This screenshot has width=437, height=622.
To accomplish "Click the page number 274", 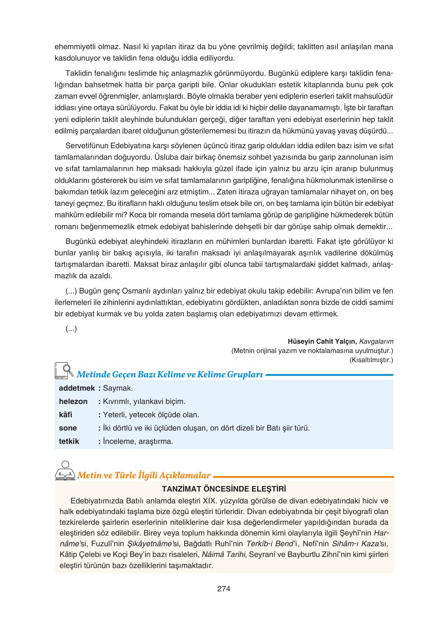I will (x=224, y=589).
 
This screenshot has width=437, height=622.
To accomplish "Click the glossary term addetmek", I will (x=77, y=388).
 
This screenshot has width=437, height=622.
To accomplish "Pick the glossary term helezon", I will (x=73, y=401).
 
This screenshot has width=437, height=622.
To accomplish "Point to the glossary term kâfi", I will (x=65, y=415).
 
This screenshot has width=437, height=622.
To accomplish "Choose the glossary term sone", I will (x=68, y=428).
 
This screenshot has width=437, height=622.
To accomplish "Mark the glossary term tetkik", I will (x=69, y=441).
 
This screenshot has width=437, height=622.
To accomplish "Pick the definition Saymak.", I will (x=118, y=388).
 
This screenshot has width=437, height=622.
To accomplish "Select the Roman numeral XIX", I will (x=210, y=501).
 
